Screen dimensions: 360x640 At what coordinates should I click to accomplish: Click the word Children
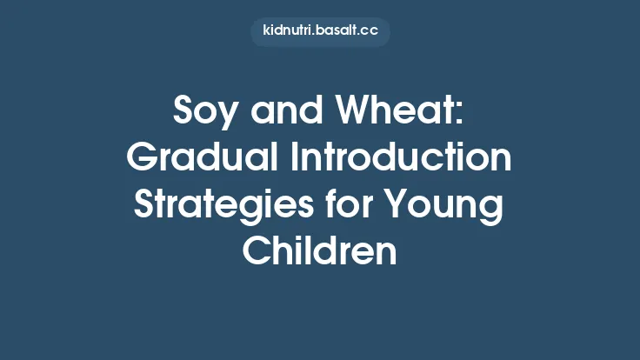(x=320, y=252)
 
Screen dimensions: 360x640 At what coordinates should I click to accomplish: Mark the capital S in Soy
(x=184, y=113)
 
